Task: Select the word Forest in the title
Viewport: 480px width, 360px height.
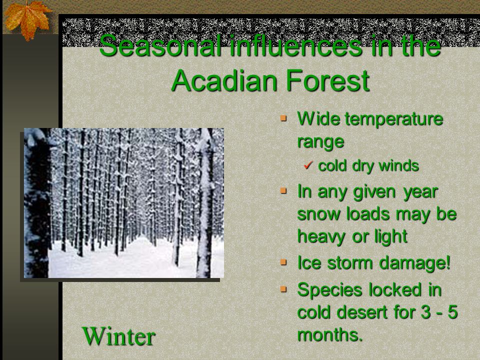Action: point(328,80)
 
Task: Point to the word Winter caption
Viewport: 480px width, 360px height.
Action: point(119,336)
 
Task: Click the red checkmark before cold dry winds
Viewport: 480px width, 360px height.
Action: point(308,165)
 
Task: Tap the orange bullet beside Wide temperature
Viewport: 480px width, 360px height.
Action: point(283,118)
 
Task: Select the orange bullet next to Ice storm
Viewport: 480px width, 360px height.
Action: point(283,262)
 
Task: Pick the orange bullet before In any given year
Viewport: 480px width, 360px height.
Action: point(283,190)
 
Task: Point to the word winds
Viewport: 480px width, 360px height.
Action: point(398,166)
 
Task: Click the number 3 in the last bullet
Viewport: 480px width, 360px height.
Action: point(426,312)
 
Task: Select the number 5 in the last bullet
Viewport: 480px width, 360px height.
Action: point(452,312)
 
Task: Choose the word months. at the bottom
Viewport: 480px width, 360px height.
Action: point(330,334)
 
